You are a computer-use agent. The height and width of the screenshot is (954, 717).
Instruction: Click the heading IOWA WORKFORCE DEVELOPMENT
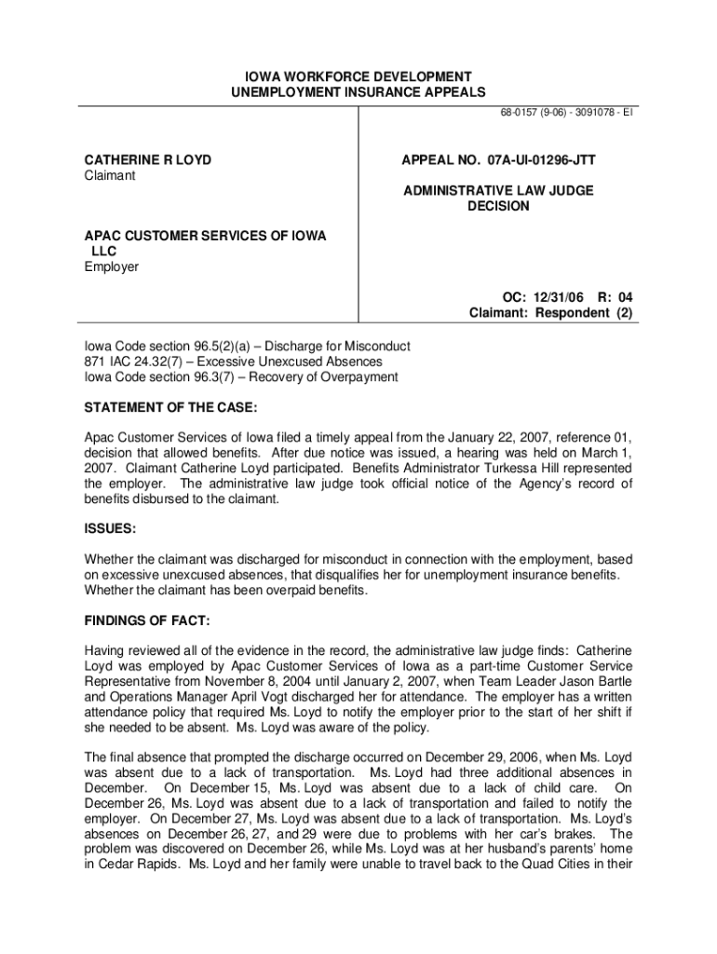point(358,75)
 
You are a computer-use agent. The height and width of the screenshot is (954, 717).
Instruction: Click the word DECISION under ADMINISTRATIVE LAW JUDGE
point(498,206)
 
